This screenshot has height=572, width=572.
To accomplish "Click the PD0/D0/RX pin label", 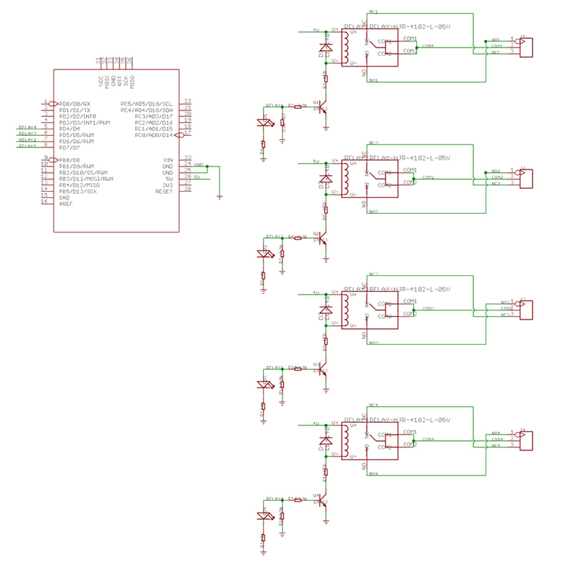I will [75, 104].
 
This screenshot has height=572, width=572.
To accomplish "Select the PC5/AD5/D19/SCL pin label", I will [147, 104].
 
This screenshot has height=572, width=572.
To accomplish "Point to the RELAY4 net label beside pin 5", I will [27, 127].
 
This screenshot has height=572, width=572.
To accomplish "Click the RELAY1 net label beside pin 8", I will [27, 147].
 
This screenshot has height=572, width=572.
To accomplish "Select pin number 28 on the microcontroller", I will [187, 189].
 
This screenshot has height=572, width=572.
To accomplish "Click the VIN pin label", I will [168, 159].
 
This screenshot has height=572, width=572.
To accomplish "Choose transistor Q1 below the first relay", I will [324, 107].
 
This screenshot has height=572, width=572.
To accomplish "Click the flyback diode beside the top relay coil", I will [326, 47].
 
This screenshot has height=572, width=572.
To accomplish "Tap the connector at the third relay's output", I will [526, 309].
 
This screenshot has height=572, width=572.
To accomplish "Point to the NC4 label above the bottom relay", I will [373, 405].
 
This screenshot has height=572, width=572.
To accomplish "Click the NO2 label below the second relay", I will [373, 212].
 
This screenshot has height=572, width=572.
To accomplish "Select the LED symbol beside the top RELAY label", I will [265, 122].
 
